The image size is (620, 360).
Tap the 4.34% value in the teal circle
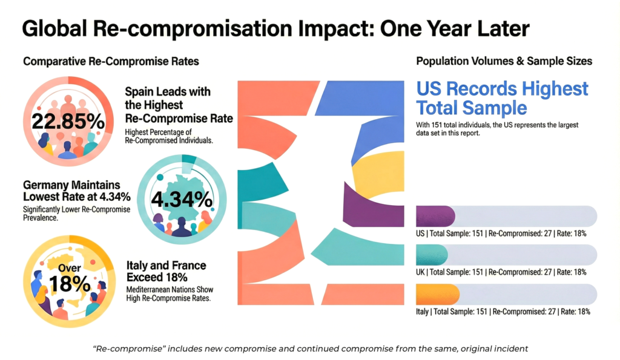point(182,198)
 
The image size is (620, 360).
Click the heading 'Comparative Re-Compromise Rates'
point(111,62)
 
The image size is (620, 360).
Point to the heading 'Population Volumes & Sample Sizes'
point(504,62)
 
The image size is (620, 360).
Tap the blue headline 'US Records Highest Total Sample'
point(502,98)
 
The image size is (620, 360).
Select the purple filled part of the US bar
point(435,216)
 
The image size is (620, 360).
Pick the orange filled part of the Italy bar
point(438,294)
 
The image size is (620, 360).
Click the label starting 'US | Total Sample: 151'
point(501,233)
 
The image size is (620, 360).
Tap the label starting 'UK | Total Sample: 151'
point(501,272)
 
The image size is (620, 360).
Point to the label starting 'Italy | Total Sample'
point(503,312)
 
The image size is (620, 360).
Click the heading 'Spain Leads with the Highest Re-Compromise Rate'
point(179,105)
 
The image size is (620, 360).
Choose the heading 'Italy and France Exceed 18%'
point(167,271)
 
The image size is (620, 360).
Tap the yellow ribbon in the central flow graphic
point(378,169)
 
